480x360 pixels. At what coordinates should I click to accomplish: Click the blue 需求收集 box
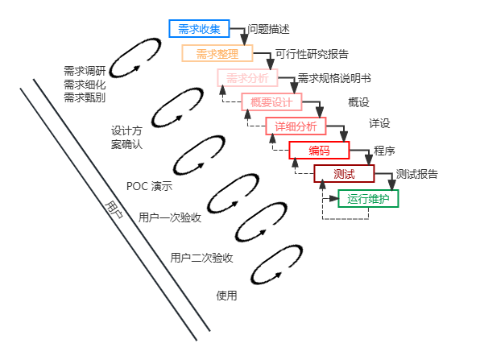(x=193, y=28)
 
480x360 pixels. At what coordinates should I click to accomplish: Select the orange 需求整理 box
(x=217, y=54)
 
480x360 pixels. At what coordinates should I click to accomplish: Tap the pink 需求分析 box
(x=246, y=78)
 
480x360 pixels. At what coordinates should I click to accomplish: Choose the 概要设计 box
(x=271, y=102)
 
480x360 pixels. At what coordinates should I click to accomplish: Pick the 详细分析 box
(x=296, y=126)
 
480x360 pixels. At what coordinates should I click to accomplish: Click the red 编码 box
(x=319, y=150)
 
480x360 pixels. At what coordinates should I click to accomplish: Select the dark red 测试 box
(x=344, y=174)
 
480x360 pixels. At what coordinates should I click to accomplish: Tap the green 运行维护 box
(x=368, y=198)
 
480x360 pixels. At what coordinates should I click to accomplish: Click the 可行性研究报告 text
(x=312, y=55)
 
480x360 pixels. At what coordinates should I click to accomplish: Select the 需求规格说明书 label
(x=334, y=79)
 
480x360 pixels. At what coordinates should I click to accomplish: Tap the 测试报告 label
(x=417, y=175)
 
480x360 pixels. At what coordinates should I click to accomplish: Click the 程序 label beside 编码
(x=384, y=151)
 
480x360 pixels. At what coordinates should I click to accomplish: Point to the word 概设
(x=358, y=102)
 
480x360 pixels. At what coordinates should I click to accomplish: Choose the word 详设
(x=379, y=124)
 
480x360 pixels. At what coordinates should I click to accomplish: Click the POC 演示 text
(x=149, y=186)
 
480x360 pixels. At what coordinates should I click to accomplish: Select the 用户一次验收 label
(x=169, y=217)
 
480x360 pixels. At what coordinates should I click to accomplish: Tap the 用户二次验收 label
(x=201, y=259)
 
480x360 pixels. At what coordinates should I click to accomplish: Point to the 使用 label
(x=227, y=296)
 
